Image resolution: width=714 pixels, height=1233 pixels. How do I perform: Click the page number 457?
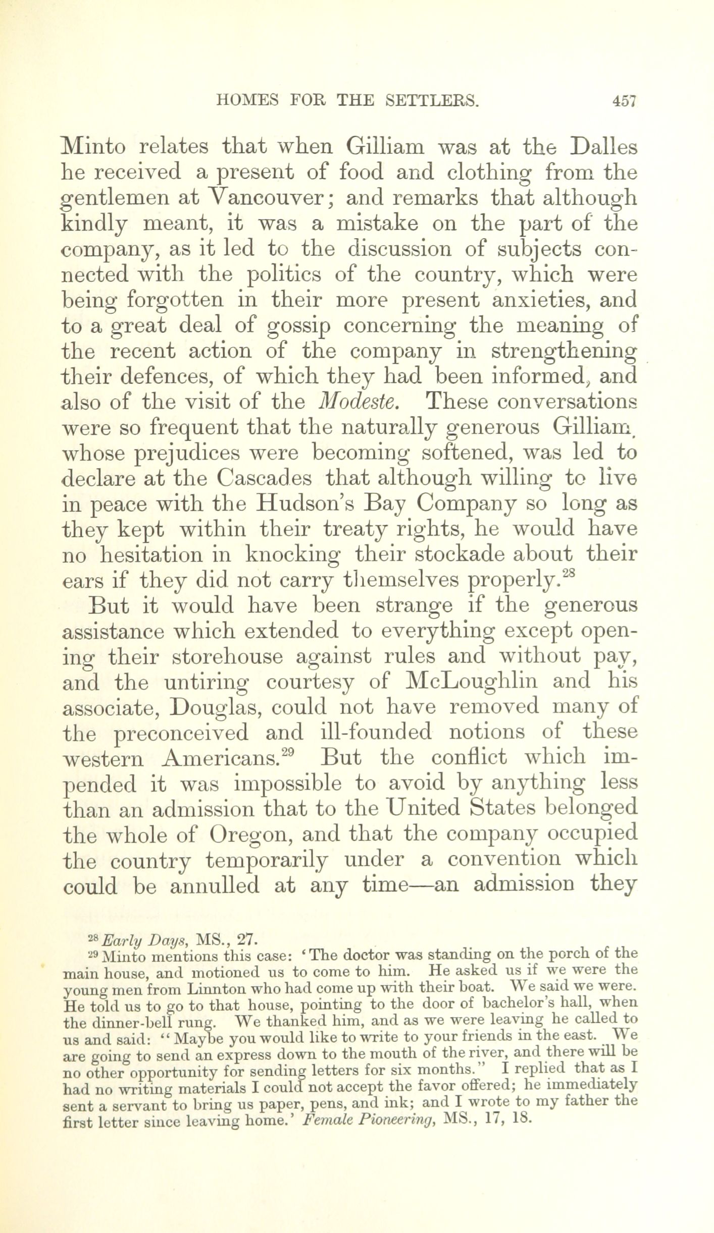(x=624, y=101)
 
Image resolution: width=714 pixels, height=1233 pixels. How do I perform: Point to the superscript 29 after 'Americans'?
(x=287, y=753)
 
